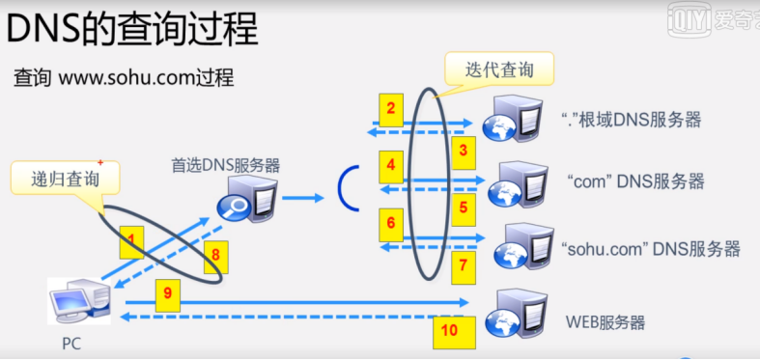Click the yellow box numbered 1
click(x=132, y=240)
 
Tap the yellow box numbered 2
click(x=390, y=110)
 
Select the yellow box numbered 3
click(x=463, y=150)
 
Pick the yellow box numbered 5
click(x=463, y=207)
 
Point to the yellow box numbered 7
click(x=463, y=263)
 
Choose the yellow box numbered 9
click(x=168, y=291)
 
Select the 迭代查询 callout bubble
click(x=500, y=69)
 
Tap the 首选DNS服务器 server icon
click(x=249, y=201)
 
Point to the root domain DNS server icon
click(x=512, y=120)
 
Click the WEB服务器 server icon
click(x=512, y=314)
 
